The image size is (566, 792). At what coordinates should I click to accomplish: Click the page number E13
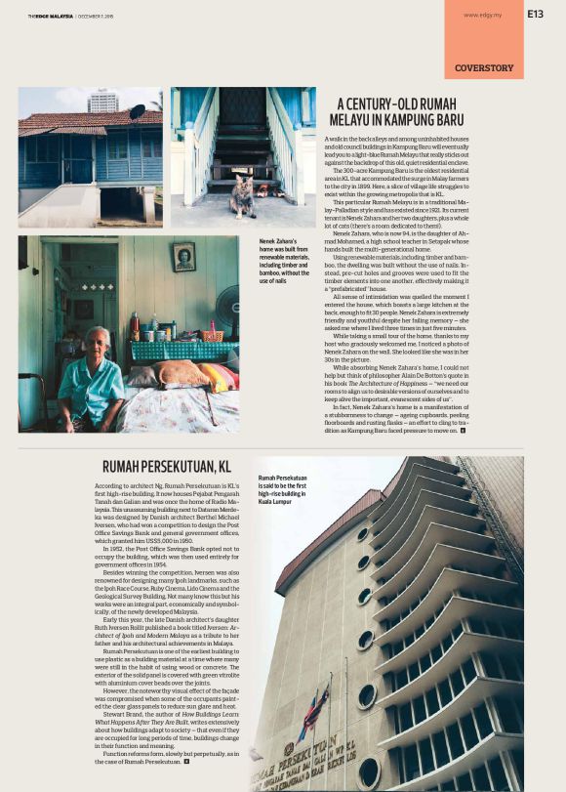(x=536, y=14)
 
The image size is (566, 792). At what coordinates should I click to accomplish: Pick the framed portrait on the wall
(x=183, y=258)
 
